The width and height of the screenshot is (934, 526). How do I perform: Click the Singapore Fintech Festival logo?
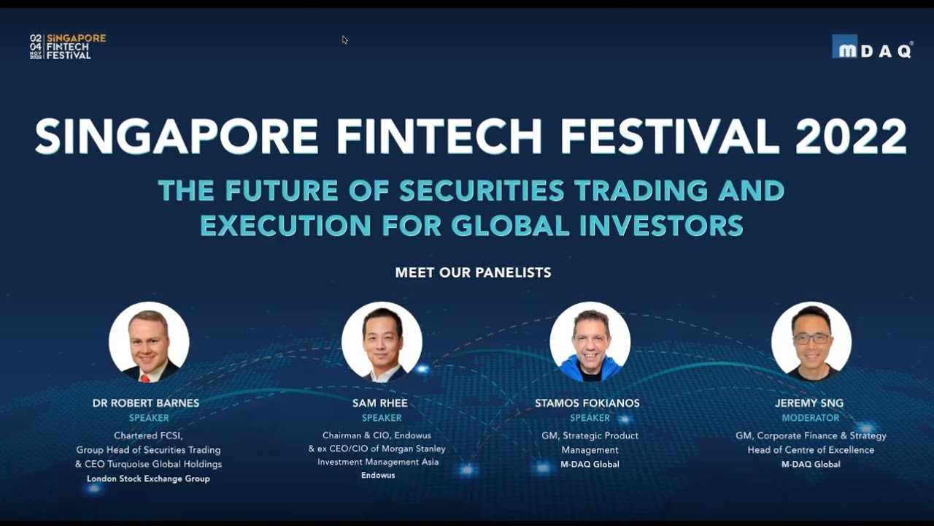coord(68,46)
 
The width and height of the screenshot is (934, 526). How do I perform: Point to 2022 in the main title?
coord(851,137)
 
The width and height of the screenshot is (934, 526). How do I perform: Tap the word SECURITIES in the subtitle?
coord(482,191)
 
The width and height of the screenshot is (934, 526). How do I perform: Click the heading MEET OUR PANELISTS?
coord(473,272)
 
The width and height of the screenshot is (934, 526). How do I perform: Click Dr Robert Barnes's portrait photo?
coord(149,342)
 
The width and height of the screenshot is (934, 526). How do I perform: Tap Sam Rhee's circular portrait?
coord(382,342)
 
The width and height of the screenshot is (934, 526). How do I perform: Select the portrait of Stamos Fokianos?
coord(590,342)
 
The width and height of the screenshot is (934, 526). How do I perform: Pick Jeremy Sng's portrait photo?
coord(811,342)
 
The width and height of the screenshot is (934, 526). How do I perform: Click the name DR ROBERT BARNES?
coord(146,403)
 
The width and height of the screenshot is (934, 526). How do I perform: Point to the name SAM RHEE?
coord(380,403)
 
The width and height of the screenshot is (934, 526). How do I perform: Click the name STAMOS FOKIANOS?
coord(587,403)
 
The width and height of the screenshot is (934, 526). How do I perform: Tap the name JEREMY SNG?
coord(809,403)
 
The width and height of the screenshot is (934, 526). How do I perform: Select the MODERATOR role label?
coord(811,418)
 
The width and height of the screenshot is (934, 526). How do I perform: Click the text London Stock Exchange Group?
coord(148,479)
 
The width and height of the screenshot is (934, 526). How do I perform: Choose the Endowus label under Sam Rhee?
coord(378,475)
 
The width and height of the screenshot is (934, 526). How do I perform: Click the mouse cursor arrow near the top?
coord(344,39)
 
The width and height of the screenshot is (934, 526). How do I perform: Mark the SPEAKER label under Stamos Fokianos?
coord(590,418)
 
